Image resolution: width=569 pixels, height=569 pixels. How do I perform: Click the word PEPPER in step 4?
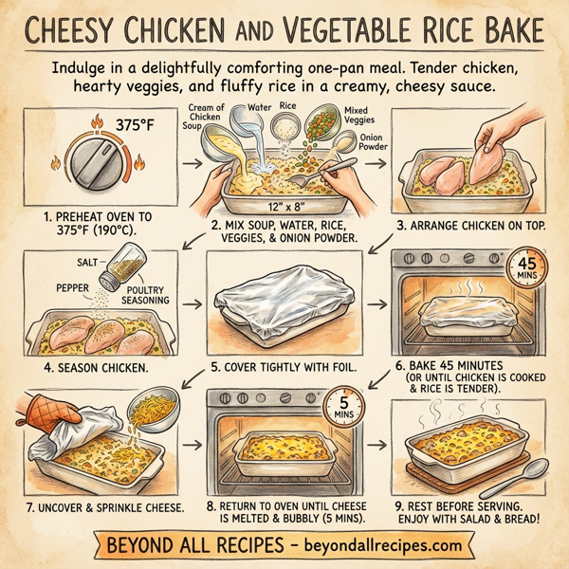59,284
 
